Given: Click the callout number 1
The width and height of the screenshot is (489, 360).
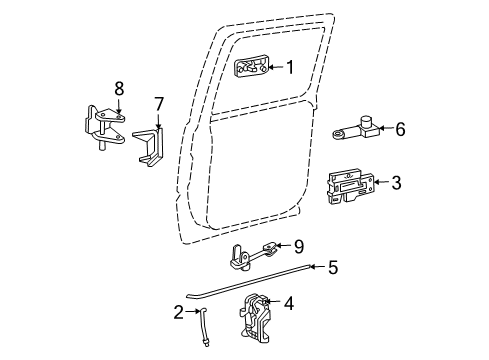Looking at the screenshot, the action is click(x=289, y=69).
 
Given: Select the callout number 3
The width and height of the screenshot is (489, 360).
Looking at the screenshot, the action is click(x=396, y=182).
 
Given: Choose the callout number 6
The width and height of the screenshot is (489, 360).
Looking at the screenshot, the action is click(x=400, y=128).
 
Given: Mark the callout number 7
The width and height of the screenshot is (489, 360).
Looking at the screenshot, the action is click(x=158, y=104).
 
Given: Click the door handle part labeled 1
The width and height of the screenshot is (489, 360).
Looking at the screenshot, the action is click(x=252, y=69).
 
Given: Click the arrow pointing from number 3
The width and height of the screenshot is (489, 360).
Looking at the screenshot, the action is click(x=380, y=182).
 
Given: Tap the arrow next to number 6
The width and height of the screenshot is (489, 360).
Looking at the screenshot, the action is click(x=384, y=128).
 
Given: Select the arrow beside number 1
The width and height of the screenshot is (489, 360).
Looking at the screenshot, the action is click(x=275, y=69).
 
